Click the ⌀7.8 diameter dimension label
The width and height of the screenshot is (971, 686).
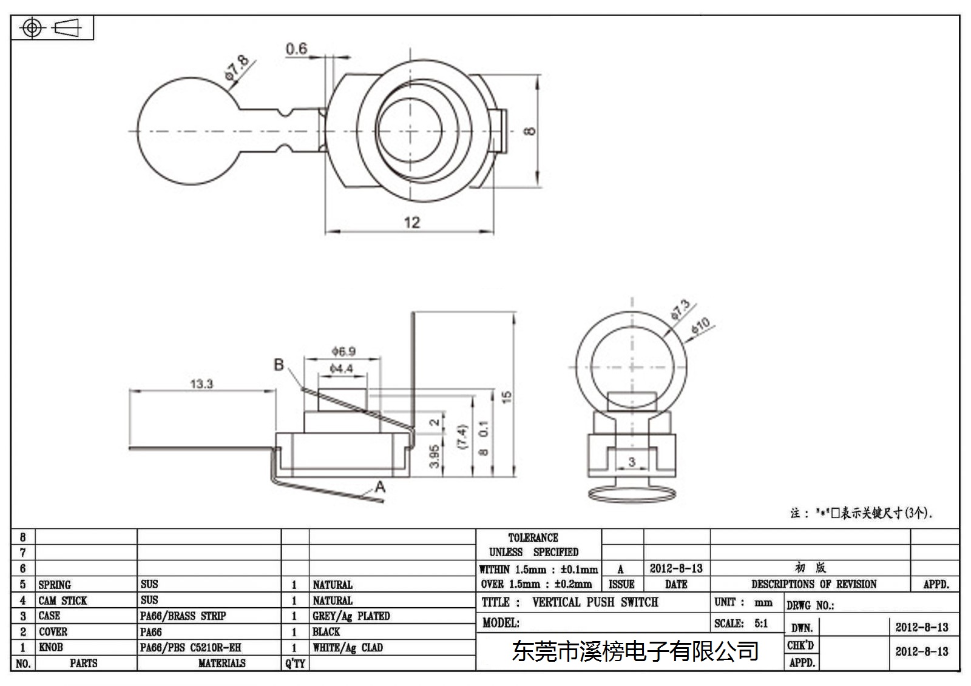237,67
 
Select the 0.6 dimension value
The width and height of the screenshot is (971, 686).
297,49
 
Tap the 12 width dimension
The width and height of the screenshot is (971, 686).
412,223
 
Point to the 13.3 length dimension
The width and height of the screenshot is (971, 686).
202,384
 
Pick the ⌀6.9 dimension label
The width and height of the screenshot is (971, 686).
343,351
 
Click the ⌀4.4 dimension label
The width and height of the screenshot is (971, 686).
342,369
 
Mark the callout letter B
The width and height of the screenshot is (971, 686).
279,365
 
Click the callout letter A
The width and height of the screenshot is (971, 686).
380,487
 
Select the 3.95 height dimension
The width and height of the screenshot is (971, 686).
435,456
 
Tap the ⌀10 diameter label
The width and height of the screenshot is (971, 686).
700,325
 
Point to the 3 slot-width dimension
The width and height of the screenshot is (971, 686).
632,462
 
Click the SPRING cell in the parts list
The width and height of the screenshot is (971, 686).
55,585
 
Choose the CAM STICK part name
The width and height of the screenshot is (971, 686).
63,600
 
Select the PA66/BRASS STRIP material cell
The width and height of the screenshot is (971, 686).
183,616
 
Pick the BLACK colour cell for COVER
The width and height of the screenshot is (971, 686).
326,631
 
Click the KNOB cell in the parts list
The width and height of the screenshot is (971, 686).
51,647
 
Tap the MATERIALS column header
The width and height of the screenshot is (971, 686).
222,663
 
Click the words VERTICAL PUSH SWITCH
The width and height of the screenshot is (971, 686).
595,602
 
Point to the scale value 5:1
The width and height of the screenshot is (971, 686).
761,623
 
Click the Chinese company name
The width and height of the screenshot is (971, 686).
635,651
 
